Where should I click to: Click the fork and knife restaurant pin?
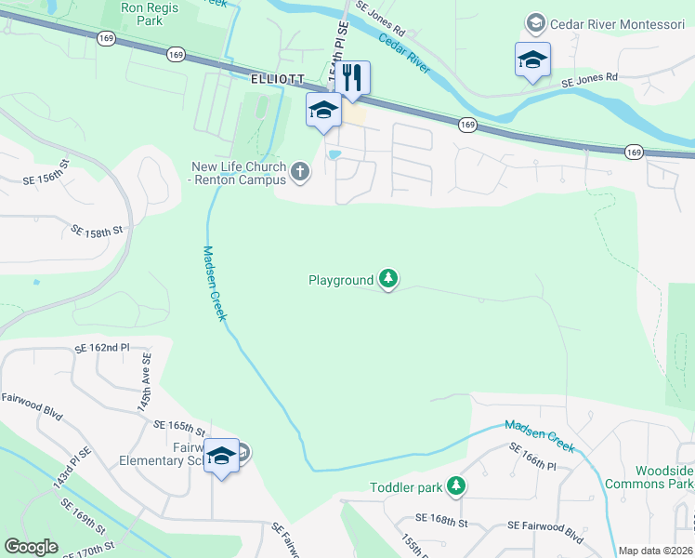pyautogui.click(x=351, y=77)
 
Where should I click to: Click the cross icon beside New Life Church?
pyautogui.click(x=299, y=171)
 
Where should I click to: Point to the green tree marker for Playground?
pyautogui.click(x=388, y=278)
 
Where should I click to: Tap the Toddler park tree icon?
pyautogui.click(x=455, y=485)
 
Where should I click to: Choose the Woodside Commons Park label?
pyautogui.click(x=649, y=477)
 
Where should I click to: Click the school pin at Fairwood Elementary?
pyautogui.click(x=221, y=456)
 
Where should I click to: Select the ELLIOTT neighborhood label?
pyautogui.click(x=278, y=81)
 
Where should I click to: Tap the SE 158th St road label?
pyautogui.click(x=98, y=229)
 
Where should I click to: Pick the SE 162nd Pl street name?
pyautogui.click(x=101, y=348)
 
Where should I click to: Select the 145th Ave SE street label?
pyautogui.click(x=145, y=388)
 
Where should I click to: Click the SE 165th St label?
pyautogui.click(x=179, y=427)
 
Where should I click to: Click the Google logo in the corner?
pyautogui.click(x=31, y=547)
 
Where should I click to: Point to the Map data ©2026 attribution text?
pyautogui.click(x=655, y=551)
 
